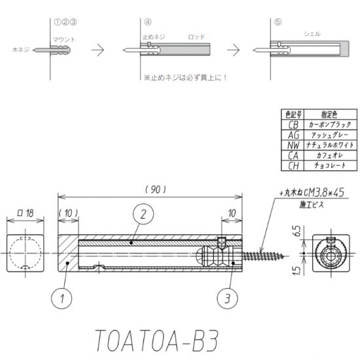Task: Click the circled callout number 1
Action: click(62, 298)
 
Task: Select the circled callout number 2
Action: click(143, 214)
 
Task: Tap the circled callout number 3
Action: click(227, 298)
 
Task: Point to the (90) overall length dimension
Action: click(156, 190)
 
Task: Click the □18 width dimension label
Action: click(26, 213)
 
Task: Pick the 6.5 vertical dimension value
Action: click(297, 231)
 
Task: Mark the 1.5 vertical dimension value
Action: click(297, 270)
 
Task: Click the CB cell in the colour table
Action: click(293, 124)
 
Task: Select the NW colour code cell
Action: click(293, 145)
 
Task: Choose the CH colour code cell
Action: click(293, 166)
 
